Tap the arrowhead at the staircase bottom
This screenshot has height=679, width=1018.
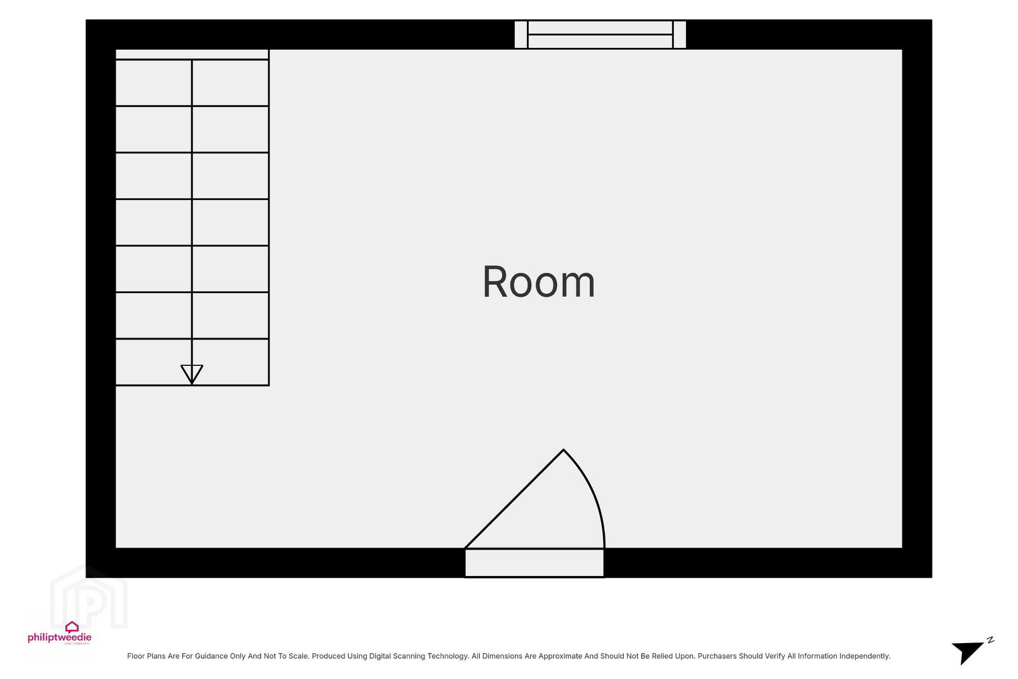coord(192,374)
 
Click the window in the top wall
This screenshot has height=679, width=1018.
coord(600,34)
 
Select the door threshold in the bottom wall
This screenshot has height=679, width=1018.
coord(534,563)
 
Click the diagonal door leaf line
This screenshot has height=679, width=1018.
coord(514,499)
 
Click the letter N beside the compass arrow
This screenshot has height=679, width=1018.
coord(990,640)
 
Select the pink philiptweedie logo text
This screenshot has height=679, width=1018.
coord(60,637)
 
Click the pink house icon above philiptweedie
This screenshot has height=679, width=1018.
coord(72,627)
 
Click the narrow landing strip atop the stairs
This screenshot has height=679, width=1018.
coord(192,54)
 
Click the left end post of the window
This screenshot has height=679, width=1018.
coord(521,34)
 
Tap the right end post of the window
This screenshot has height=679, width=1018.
coord(680,34)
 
